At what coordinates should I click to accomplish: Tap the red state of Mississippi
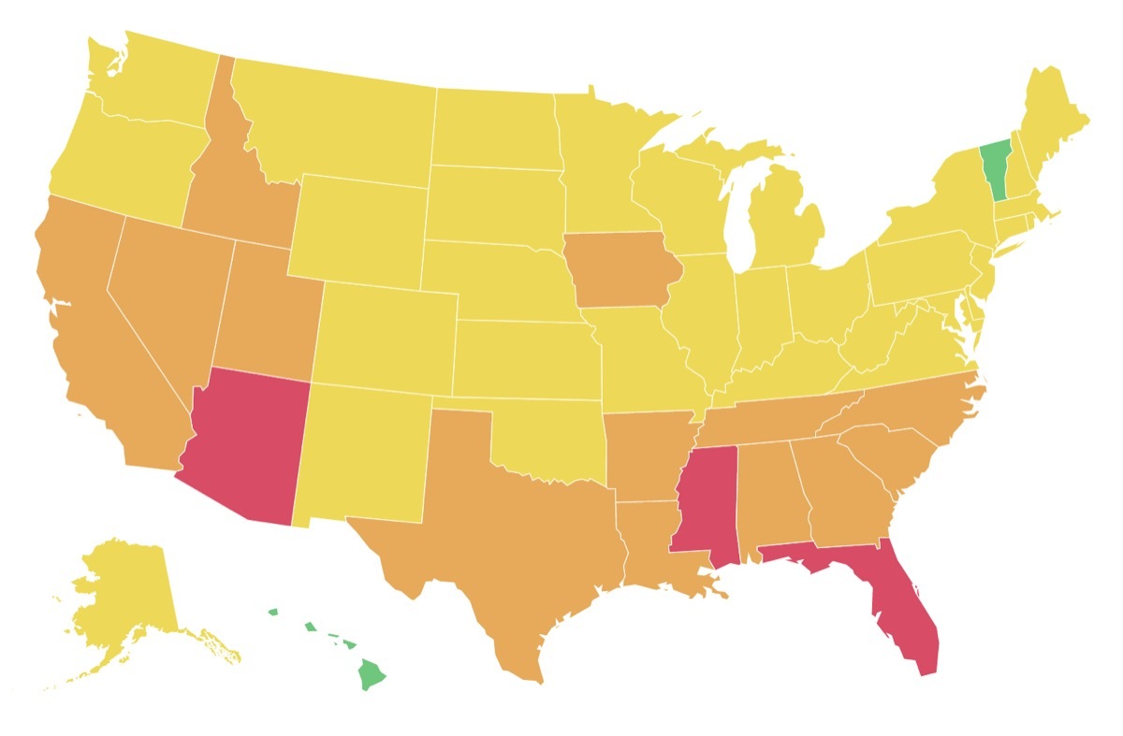coord(705,505)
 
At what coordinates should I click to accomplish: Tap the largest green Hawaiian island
coord(372,673)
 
